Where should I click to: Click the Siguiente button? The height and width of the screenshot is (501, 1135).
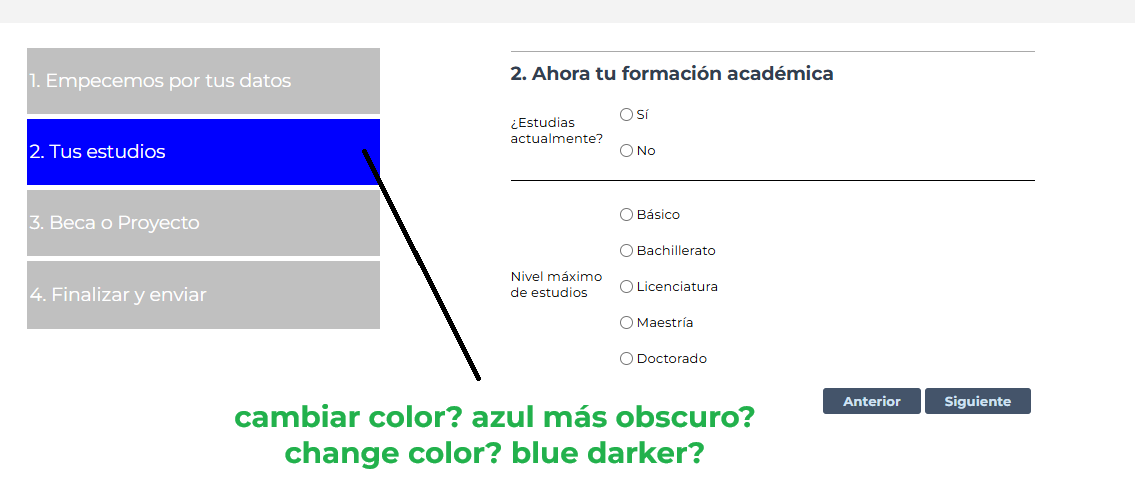click(977, 401)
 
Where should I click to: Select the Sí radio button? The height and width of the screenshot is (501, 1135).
click(626, 114)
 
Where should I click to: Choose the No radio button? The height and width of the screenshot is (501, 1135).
click(626, 151)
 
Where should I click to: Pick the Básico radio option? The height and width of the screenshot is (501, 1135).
click(626, 215)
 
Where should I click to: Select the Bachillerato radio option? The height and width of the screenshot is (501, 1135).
click(626, 250)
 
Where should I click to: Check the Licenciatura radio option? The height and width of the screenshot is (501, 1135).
click(626, 287)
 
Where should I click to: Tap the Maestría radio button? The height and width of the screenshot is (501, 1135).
click(626, 323)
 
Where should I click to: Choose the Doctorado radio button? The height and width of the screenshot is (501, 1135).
click(626, 358)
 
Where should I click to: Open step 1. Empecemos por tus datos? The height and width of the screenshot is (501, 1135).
click(203, 80)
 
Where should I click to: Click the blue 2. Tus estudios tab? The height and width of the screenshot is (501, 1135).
click(203, 152)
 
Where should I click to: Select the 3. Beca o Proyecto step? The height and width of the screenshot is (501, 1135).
click(203, 223)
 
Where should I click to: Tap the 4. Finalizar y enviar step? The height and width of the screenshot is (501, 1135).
click(203, 295)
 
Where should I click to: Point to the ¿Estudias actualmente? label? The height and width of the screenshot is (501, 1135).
click(557, 131)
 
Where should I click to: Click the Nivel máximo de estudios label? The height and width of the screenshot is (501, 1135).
click(556, 285)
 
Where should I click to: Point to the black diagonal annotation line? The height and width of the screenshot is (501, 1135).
click(421, 265)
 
